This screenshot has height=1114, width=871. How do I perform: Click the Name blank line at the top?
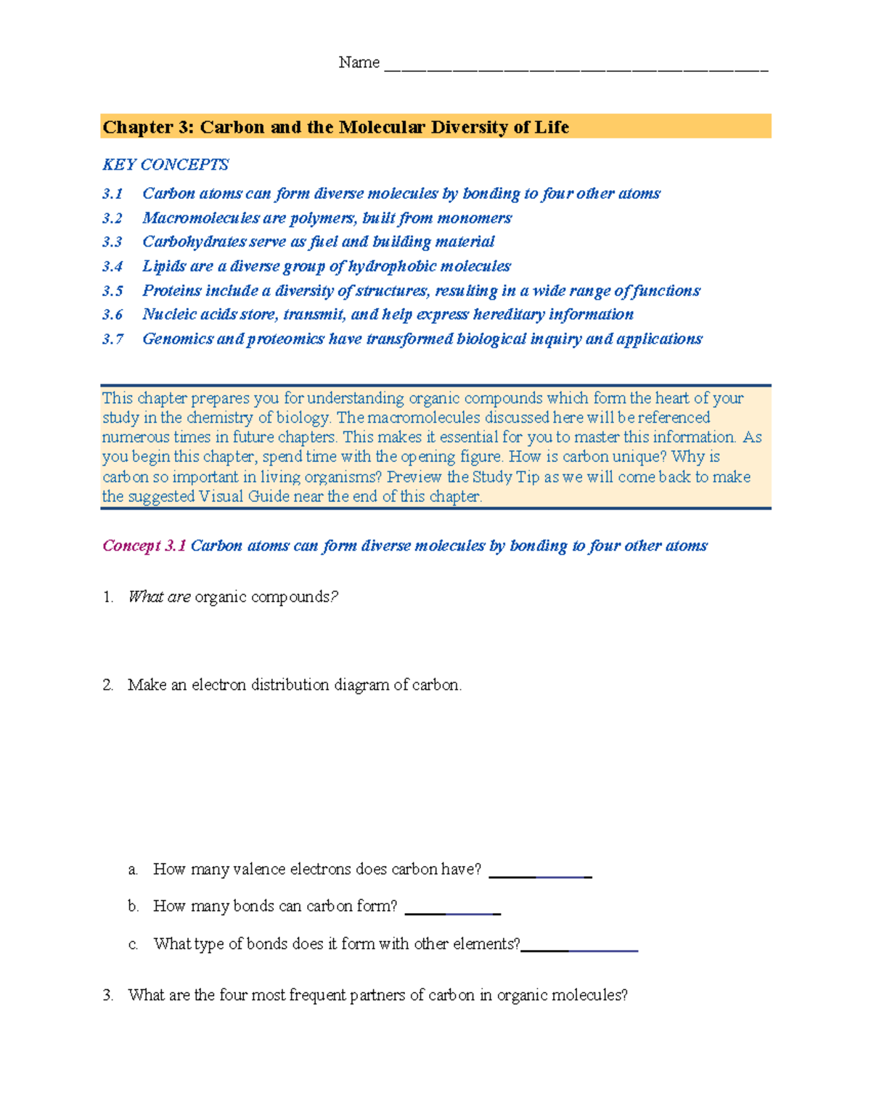click(575, 70)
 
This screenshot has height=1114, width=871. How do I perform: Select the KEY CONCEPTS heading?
click(165, 165)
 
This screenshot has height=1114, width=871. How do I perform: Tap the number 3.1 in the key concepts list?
click(113, 194)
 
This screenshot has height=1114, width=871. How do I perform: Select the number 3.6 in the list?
click(113, 315)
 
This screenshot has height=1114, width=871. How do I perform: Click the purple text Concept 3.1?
click(144, 545)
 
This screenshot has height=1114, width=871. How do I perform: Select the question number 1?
click(108, 597)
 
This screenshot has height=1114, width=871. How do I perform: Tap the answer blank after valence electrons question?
click(540, 876)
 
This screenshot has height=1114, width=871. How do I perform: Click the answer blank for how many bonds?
click(452, 913)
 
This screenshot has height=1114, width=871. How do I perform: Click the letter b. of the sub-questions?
click(133, 906)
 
